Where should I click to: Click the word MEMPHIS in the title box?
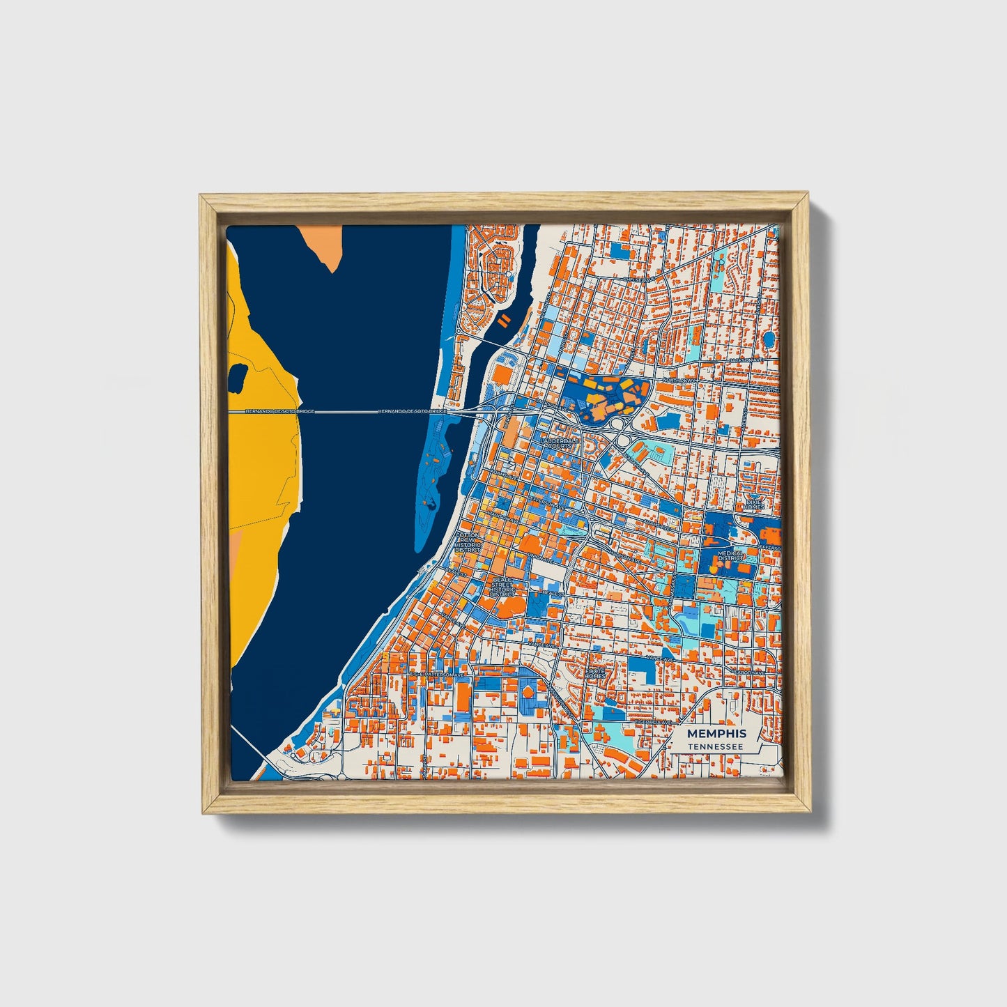coord(716,734)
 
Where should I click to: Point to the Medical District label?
coord(731,556)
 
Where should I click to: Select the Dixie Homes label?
coord(754,504)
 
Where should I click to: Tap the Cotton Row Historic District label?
coord(467,542)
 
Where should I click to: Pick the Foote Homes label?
coord(596,673)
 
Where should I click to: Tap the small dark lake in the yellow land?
coord(238,376)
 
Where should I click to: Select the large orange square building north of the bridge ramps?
coord(502,375)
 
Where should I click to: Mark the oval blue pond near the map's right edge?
coord(769,340)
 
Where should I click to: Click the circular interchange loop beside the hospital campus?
coord(618,424)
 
